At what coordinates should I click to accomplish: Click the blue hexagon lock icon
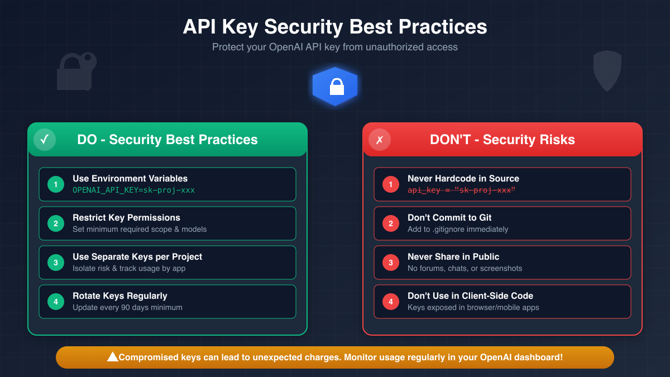[335, 87]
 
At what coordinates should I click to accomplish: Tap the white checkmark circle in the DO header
[45, 140]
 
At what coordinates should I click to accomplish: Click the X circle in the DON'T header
[380, 140]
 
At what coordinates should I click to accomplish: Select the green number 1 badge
[56, 184]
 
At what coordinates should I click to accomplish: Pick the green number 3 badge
[56, 263]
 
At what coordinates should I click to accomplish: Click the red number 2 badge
[391, 223]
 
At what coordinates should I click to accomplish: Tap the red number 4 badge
[391, 302]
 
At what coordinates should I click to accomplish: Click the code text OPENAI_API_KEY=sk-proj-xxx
[133, 190]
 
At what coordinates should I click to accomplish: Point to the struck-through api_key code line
[461, 190]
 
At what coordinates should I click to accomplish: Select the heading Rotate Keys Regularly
[120, 296]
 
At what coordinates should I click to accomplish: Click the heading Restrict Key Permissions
[126, 218]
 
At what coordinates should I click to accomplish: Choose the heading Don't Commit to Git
[449, 218]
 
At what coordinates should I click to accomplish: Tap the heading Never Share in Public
[453, 257]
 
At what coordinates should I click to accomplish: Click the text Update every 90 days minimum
[127, 307]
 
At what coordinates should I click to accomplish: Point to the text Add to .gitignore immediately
[458, 229]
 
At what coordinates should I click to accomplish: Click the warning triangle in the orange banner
[112, 357]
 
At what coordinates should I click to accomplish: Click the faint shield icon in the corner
[607, 70]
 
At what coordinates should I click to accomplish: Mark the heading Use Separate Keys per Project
[137, 257]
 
